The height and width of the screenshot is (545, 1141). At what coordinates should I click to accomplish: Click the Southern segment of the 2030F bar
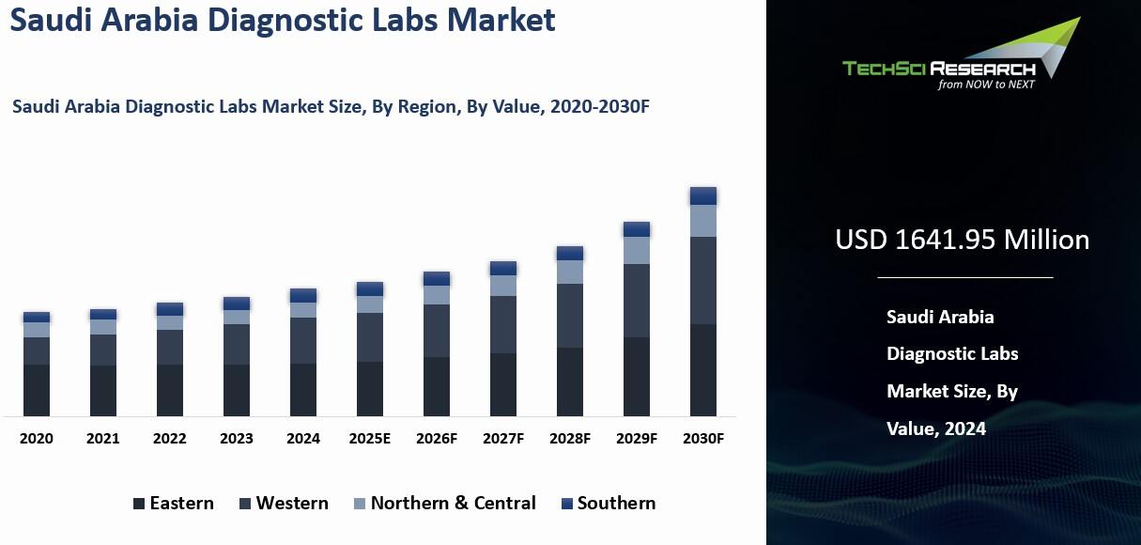[703, 195]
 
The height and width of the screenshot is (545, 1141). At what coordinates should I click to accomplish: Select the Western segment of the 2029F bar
[637, 301]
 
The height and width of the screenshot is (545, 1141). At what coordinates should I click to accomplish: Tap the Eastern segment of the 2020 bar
[37, 390]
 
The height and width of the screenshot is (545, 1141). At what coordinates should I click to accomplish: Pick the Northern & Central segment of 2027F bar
[503, 286]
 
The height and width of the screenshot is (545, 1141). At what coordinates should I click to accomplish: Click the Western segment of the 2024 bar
[303, 340]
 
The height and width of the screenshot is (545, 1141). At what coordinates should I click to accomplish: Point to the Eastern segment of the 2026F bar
[437, 386]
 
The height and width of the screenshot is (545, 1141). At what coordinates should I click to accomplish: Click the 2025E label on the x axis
[370, 439]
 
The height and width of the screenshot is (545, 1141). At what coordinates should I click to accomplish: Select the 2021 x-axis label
[103, 439]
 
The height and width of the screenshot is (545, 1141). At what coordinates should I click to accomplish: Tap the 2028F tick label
[570, 439]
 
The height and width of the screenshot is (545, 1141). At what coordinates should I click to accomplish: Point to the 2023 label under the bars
[237, 439]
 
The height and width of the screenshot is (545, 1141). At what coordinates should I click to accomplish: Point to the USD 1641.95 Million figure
[962, 240]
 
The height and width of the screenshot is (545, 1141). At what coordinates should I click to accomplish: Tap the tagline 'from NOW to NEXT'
[986, 84]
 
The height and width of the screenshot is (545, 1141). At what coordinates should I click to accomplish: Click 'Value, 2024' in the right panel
[936, 428]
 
